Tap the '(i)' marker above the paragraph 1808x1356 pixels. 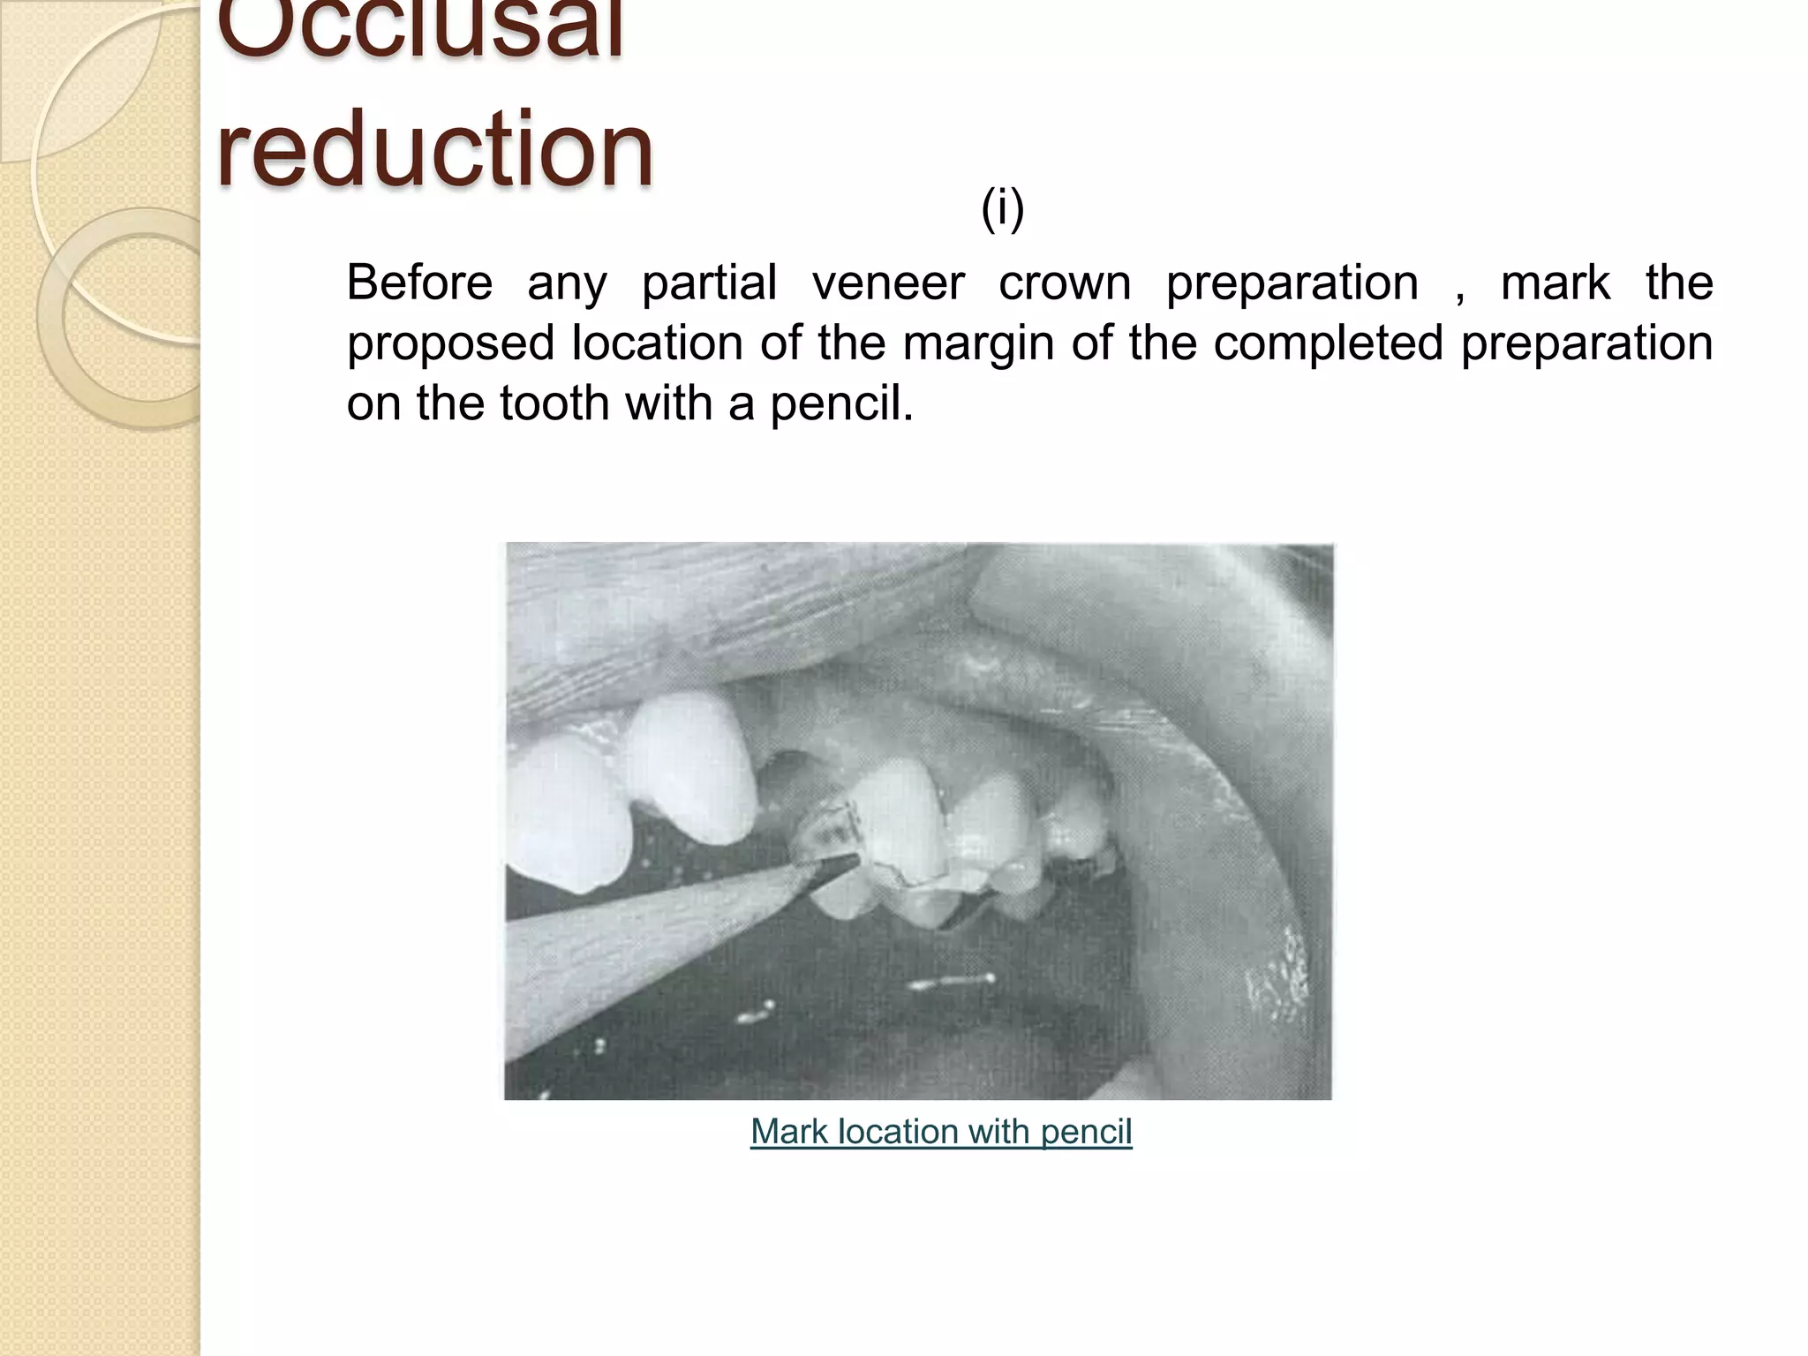pyautogui.click(x=1002, y=210)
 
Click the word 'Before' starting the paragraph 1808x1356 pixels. pyautogui.click(x=419, y=282)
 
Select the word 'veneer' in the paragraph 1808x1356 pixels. pyautogui.click(x=888, y=282)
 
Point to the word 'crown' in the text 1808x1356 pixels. pyautogui.click(x=1065, y=282)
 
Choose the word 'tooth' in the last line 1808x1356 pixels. pyautogui.click(x=555, y=403)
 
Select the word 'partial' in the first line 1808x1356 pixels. pyautogui.click(x=710, y=282)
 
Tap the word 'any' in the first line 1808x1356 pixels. pyautogui.click(x=567, y=284)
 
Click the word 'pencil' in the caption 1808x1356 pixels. pyautogui.click(x=1086, y=1132)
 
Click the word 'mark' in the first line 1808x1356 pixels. pyautogui.click(x=1556, y=282)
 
